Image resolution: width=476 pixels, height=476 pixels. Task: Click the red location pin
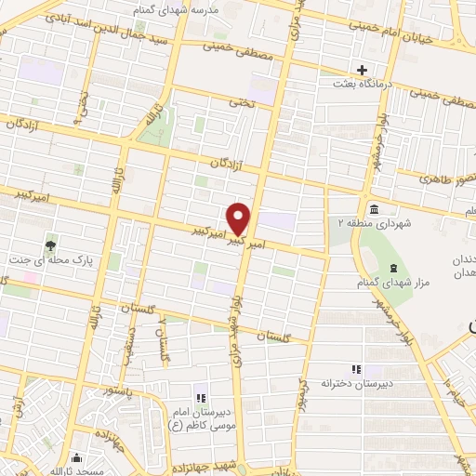240,218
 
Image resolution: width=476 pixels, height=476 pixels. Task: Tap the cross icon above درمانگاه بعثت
363,70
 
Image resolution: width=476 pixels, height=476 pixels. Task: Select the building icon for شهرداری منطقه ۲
373,208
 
